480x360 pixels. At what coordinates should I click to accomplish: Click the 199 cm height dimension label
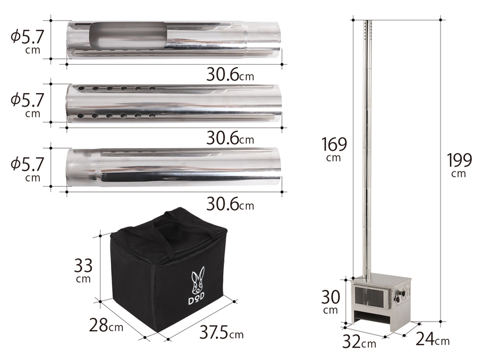[x=460, y=164]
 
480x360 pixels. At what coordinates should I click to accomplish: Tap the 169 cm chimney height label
[x=334, y=149]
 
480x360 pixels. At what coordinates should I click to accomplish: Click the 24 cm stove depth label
[x=433, y=338]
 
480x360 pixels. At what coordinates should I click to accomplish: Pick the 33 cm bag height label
[x=83, y=271]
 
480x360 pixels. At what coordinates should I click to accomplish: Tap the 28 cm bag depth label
[x=106, y=325]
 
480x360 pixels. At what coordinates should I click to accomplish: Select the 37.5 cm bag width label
[x=221, y=332]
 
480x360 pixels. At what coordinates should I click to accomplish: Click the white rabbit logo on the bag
[x=198, y=281]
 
